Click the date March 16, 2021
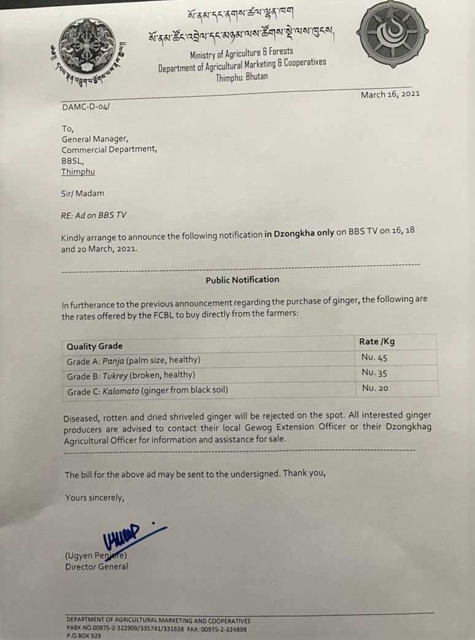390,94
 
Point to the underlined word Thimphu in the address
78,172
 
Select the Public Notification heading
242,279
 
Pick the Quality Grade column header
95,346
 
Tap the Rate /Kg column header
377,341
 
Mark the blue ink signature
126,538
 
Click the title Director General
97,566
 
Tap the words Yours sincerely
95,498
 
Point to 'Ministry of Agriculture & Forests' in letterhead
241,53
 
